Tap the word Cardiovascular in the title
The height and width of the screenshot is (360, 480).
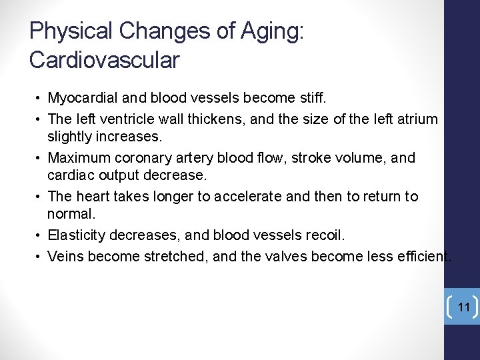coord(105,60)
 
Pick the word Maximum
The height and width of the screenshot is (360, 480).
coord(79,158)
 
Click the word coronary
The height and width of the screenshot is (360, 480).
coord(143,158)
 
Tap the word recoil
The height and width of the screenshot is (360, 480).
coord(324,235)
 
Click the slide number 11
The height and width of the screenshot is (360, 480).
coord(464,307)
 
